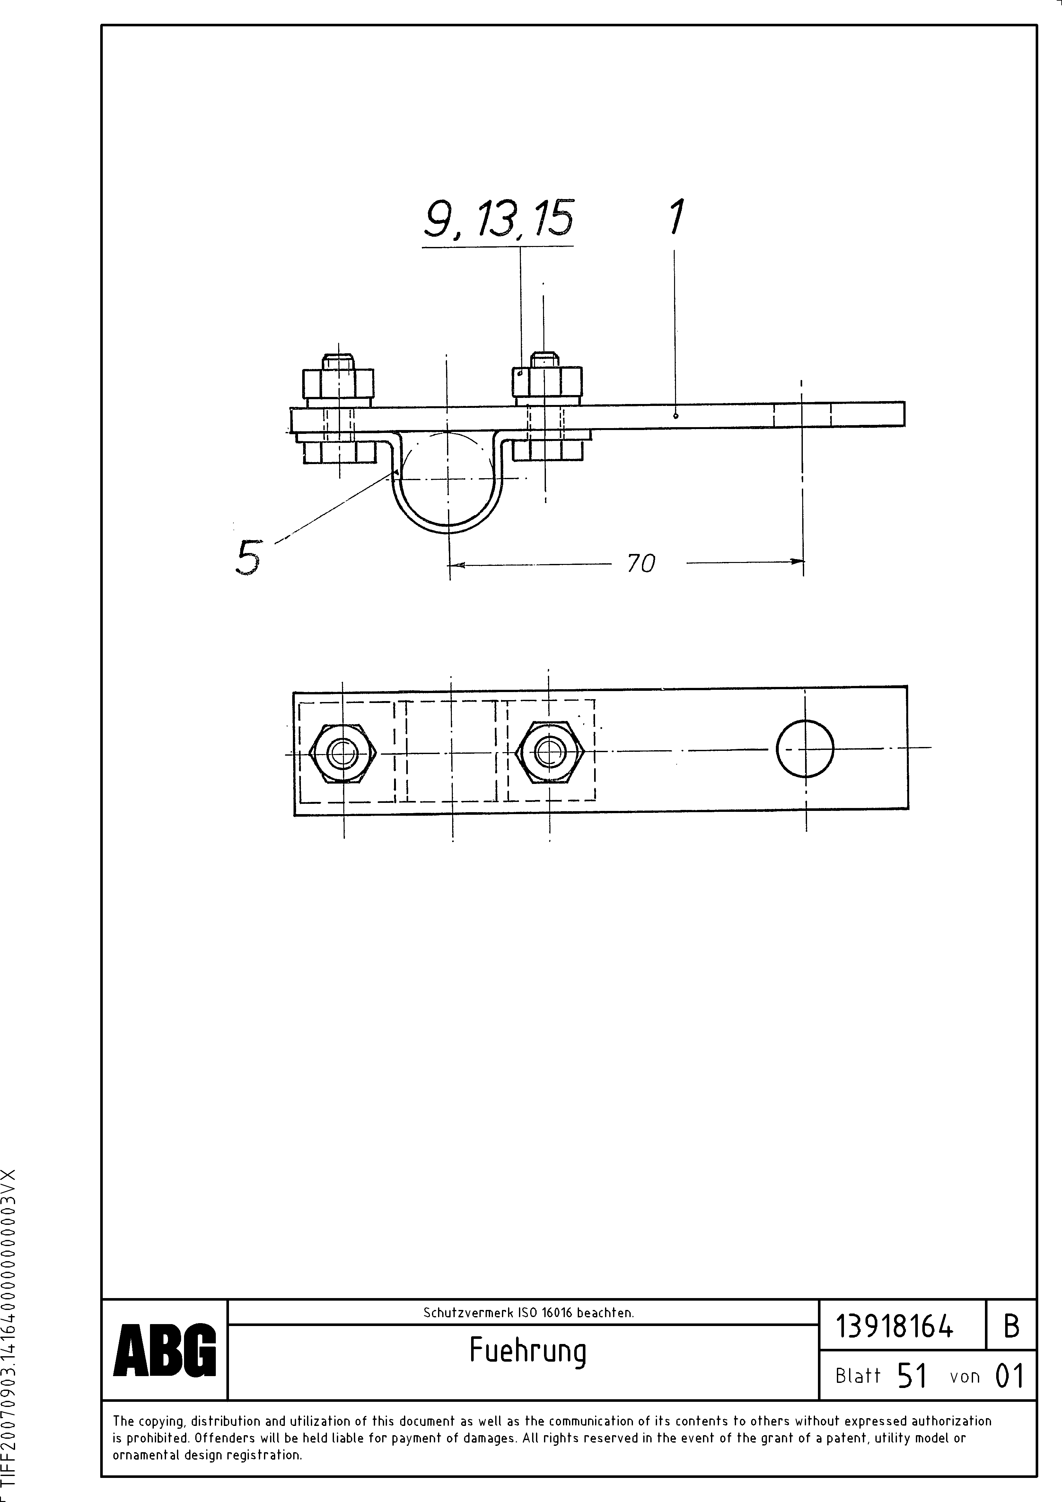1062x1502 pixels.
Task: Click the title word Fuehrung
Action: (527, 1351)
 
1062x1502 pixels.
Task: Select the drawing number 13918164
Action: (894, 1327)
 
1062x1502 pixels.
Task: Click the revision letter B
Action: (1011, 1327)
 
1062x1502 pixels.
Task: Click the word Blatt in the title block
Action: (858, 1376)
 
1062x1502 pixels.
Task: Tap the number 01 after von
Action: (1008, 1376)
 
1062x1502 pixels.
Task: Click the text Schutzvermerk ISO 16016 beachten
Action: (528, 1312)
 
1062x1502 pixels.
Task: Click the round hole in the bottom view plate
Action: (805, 749)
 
